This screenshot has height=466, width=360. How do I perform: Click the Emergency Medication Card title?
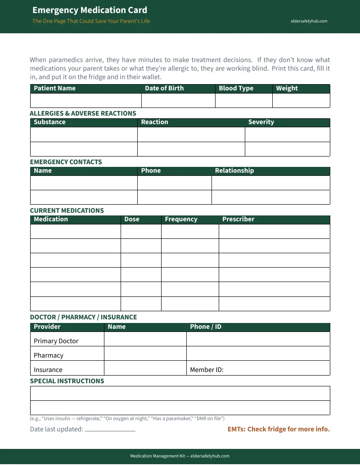pos(90,10)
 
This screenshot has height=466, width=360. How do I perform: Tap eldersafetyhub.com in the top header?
pos(309,21)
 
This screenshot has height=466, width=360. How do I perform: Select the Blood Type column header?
pos(236,88)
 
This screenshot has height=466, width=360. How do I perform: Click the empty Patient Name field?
pos(85,100)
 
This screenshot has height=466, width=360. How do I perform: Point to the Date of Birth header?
pos(164,88)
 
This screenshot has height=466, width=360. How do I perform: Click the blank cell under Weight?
pos(301,100)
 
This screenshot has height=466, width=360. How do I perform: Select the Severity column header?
pos(261,122)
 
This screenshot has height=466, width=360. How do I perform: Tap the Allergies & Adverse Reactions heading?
pos(83,113)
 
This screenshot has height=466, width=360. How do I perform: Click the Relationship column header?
pos(234,170)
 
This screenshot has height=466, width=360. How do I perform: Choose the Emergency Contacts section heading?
pos(66,162)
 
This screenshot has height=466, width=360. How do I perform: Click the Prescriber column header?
pos(238,219)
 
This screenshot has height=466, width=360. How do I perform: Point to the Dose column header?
pos(132,219)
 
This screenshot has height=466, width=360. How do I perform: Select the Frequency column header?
pos(181,219)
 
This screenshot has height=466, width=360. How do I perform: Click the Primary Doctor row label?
pos(56,341)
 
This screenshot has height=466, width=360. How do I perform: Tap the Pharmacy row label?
pos(49,355)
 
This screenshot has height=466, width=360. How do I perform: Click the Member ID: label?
pos(207,370)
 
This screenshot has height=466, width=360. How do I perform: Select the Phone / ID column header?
pos(206,327)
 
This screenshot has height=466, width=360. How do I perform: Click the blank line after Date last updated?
pos(110,430)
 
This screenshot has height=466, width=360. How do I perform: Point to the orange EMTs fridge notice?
pos(279,429)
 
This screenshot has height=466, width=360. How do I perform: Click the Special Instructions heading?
pos(67,381)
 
